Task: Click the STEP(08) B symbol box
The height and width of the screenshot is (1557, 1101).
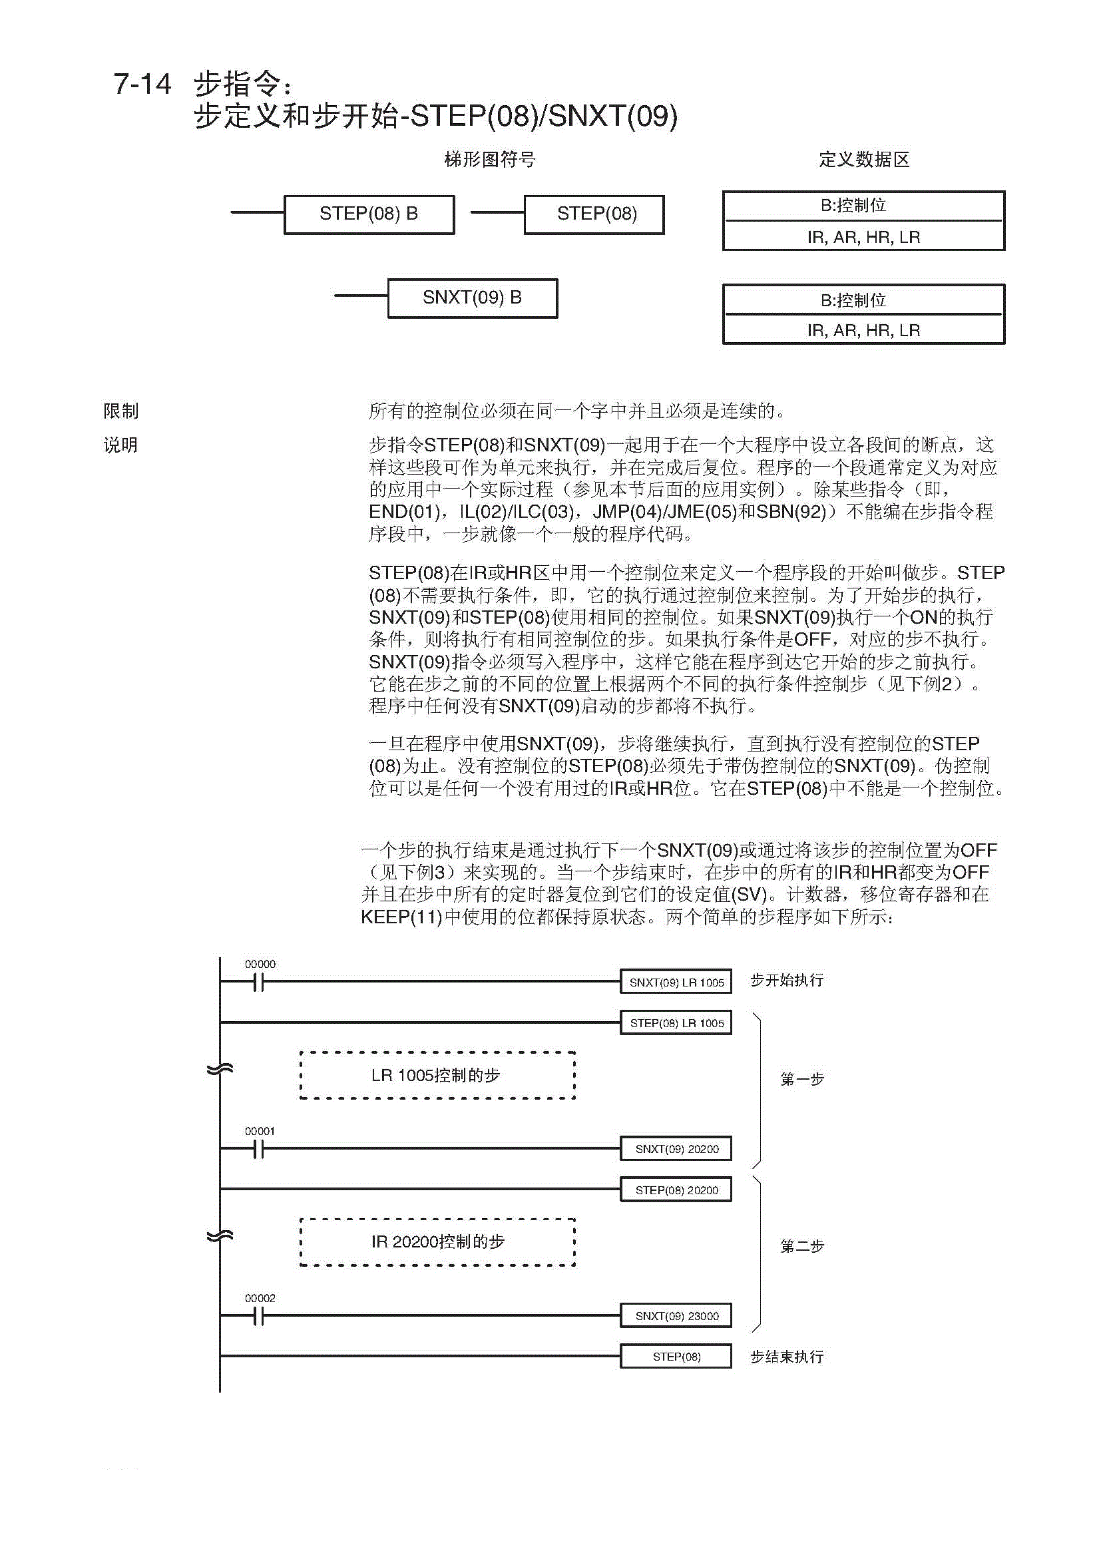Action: tap(369, 214)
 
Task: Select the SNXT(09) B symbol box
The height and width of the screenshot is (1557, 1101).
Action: tap(473, 298)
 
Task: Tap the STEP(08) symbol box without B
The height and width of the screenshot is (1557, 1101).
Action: tap(594, 214)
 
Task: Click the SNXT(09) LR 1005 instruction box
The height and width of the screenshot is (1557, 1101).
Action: tap(676, 982)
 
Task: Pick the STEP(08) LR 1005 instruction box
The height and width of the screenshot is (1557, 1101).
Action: tap(676, 1022)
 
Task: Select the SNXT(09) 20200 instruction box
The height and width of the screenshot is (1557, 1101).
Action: tap(676, 1149)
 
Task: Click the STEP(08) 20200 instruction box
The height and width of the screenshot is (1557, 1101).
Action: tap(676, 1190)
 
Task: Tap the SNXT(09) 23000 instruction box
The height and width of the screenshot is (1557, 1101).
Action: tap(676, 1315)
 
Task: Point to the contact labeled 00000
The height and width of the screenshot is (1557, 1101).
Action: tap(258, 982)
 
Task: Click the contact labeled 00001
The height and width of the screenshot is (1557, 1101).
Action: tap(258, 1149)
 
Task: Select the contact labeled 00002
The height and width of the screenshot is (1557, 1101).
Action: tap(258, 1315)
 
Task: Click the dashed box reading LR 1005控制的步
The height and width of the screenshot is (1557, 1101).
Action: tap(437, 1076)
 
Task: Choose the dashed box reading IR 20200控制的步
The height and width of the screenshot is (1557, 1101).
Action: tap(437, 1242)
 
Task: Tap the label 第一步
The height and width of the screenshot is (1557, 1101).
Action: tap(801, 1079)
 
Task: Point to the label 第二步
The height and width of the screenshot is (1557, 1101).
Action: tap(801, 1245)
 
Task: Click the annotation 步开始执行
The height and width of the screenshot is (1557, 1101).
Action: tap(786, 981)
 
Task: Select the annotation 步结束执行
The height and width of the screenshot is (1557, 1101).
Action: tap(786, 1357)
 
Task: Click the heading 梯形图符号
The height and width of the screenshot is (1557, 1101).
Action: tap(489, 160)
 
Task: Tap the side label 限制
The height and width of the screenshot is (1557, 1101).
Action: tap(120, 411)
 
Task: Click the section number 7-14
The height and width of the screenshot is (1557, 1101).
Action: tap(142, 85)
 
